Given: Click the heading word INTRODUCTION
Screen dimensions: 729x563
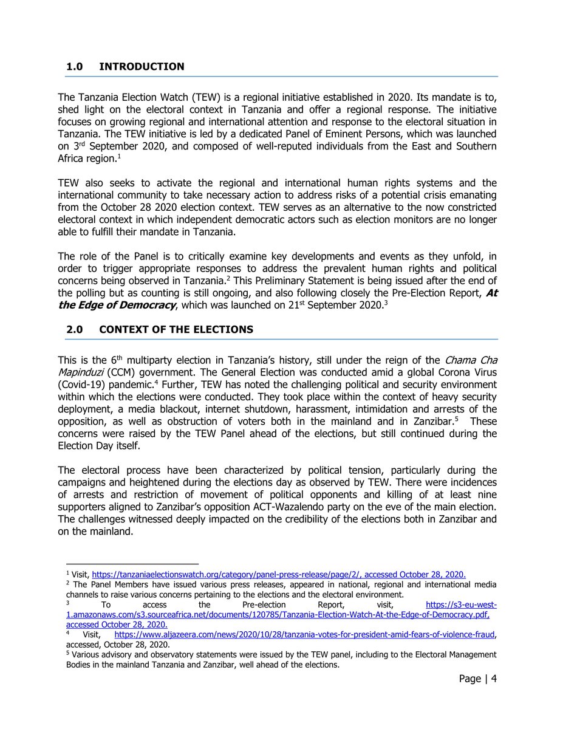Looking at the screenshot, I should (142, 66).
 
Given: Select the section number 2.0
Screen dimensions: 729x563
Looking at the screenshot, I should (77, 329).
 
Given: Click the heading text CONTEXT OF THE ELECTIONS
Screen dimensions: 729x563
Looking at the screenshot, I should (176, 329).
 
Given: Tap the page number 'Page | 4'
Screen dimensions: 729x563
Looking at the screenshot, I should (478, 679).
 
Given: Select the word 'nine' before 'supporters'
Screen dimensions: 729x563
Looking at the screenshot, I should (487, 495).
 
